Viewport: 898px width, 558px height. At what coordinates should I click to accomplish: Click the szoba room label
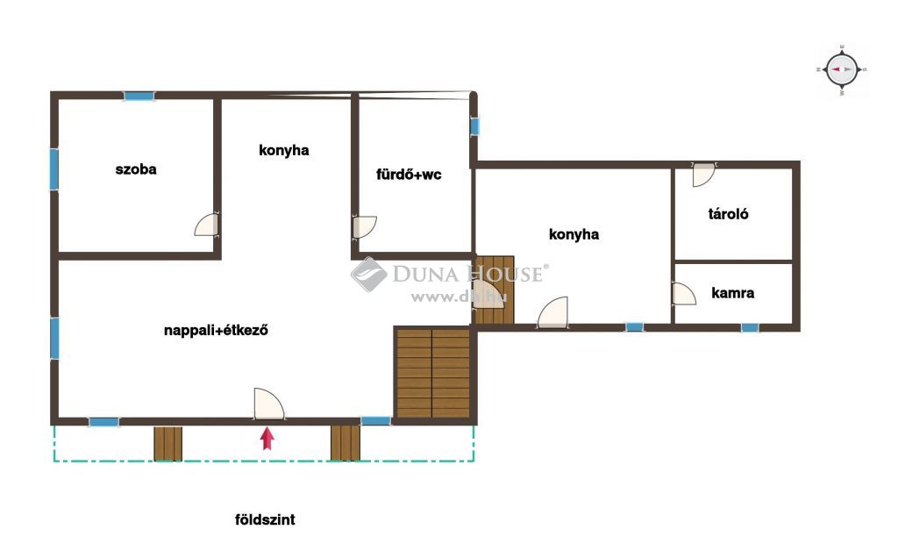(x=136, y=169)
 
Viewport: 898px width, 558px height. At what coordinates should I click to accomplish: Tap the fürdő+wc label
(x=409, y=175)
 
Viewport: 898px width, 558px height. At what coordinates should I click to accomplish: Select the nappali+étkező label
(x=216, y=330)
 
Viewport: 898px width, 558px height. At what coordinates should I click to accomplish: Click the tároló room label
(x=728, y=214)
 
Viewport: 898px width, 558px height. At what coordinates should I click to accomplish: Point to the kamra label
(x=732, y=293)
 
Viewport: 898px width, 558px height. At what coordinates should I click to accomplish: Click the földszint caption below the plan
(x=265, y=519)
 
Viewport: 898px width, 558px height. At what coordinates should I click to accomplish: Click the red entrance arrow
(x=267, y=439)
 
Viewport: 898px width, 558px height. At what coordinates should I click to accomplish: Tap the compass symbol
(x=842, y=69)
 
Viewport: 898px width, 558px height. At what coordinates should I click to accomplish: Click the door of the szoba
(x=206, y=225)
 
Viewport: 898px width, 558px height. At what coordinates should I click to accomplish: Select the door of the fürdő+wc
(x=364, y=227)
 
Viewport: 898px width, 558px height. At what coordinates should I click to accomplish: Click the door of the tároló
(x=704, y=175)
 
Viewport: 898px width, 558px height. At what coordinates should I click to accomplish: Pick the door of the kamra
(x=684, y=293)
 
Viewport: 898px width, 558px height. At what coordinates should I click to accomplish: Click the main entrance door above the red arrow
(x=268, y=404)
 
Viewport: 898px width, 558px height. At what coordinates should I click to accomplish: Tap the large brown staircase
(x=433, y=373)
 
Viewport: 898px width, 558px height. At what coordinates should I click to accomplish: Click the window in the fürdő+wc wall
(x=474, y=126)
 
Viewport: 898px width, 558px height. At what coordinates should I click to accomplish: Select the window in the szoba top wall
(x=139, y=97)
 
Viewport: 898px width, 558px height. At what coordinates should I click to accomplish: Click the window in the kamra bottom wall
(x=750, y=328)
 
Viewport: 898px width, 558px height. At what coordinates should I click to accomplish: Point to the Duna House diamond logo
(x=369, y=275)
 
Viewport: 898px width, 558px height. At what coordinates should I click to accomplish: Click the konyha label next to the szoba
(x=283, y=150)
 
